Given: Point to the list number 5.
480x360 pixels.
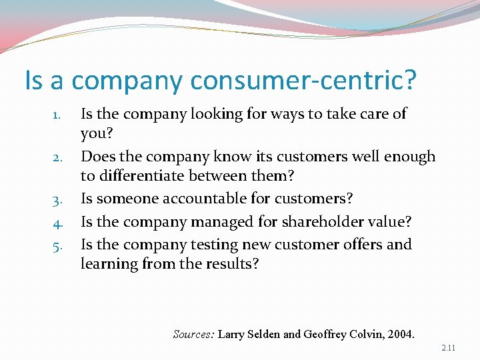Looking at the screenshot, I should click(x=58, y=245).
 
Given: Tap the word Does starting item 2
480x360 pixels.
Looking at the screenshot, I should click(x=97, y=157).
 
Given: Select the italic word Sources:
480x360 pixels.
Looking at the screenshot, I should click(x=193, y=333).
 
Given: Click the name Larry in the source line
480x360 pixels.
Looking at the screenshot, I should click(x=232, y=333).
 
